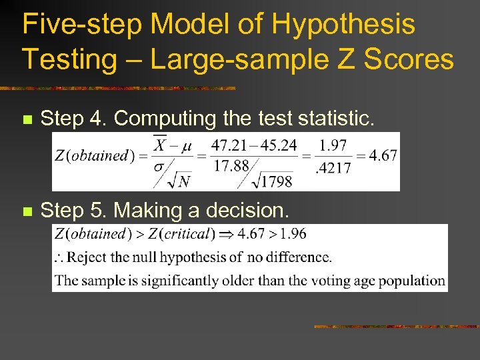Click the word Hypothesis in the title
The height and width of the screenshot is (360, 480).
344,25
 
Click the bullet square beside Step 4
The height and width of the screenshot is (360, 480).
27,121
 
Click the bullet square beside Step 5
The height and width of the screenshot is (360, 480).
27,212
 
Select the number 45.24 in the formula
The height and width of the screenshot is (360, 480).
277,145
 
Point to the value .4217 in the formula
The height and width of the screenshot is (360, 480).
333,169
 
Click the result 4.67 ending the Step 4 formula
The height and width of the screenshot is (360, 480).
383,155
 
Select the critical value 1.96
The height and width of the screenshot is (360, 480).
293,234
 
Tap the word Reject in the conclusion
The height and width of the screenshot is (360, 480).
87,257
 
